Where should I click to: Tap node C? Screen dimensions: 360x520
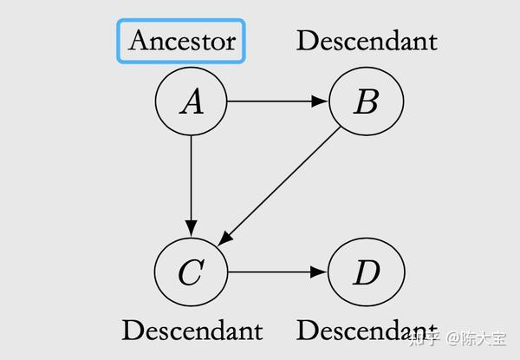pos(191,272)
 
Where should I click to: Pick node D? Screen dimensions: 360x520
pos(366,272)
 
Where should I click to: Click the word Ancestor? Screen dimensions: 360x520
pos(182,41)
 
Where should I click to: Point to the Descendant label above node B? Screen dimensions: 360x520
pos(367,40)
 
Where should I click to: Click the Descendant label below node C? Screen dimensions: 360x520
pos(192,331)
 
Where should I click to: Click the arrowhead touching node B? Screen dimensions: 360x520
pos(321,101)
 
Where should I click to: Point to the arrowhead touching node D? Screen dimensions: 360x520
pos(321,272)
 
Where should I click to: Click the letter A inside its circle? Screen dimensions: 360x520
pos(191,103)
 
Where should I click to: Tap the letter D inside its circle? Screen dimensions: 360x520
pos(366,273)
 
